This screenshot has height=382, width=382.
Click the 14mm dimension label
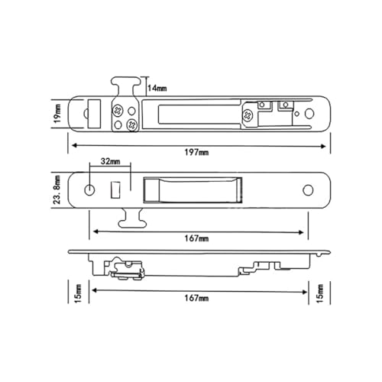(x=157, y=88)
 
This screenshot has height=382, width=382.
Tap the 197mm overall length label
(x=196, y=152)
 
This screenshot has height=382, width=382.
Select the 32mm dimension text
(x=110, y=161)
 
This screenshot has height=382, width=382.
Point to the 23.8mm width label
(x=57, y=189)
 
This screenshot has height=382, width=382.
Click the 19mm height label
(x=57, y=113)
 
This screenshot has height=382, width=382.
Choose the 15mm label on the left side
(x=78, y=293)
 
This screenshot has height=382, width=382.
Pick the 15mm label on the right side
(x=320, y=293)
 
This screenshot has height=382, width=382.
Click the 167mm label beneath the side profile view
(x=196, y=298)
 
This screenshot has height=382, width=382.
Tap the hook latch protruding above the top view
(x=126, y=86)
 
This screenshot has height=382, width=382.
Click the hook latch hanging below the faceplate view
(x=130, y=218)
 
